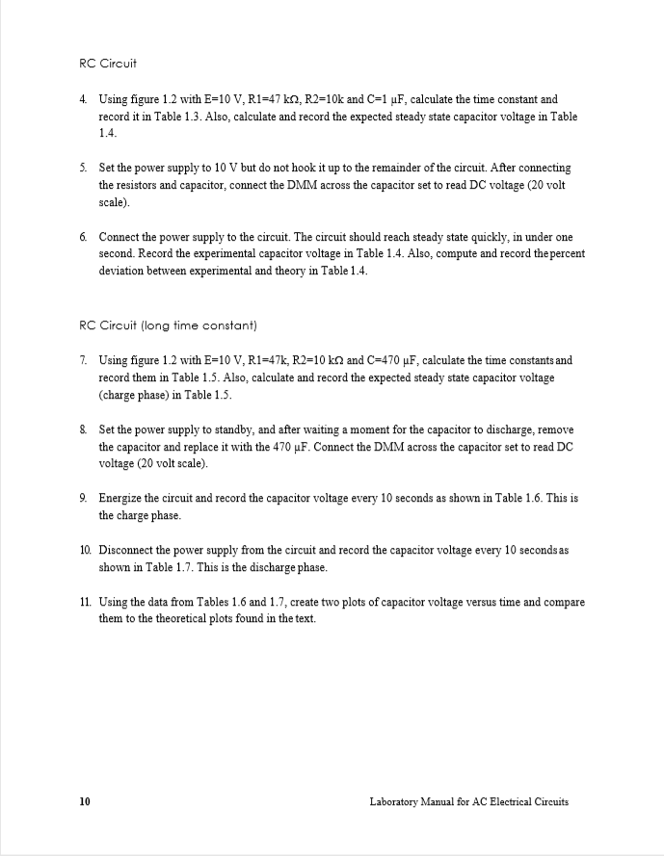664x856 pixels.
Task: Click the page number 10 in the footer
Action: click(x=85, y=801)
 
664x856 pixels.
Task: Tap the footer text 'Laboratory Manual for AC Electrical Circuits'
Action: click(x=468, y=801)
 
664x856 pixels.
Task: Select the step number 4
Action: click(x=83, y=99)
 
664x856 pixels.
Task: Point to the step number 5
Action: click(x=83, y=168)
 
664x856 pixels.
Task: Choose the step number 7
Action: click(x=83, y=360)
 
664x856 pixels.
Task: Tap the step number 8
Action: click(x=83, y=428)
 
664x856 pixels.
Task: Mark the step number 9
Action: click(x=83, y=499)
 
